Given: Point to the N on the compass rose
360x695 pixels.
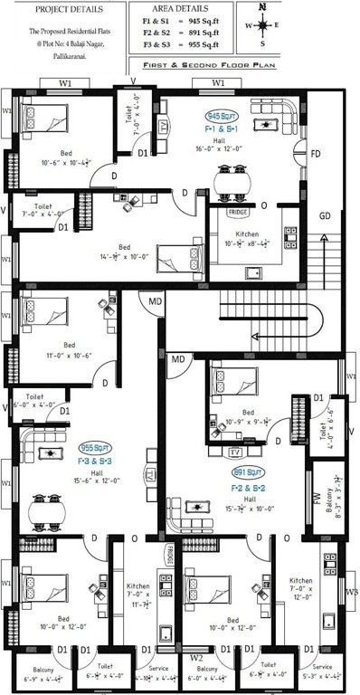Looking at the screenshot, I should click(262, 7).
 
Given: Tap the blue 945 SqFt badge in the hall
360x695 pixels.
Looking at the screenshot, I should click(222, 117).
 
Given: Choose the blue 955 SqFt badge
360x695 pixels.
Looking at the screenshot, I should click(94, 447).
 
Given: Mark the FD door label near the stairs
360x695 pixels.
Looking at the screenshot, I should click(315, 154).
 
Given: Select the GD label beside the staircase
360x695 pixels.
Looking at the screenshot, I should click(324, 216).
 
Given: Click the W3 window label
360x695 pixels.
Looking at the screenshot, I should click(350, 594).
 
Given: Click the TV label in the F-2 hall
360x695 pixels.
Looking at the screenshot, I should click(234, 450).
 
